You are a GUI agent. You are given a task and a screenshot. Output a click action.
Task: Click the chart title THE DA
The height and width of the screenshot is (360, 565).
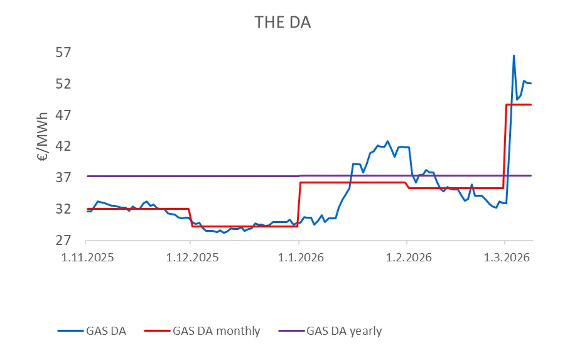(x=282, y=23)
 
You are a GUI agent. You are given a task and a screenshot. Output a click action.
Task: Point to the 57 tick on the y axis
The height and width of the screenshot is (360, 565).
(x=65, y=53)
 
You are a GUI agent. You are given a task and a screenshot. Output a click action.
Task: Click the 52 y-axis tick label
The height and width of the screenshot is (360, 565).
(x=65, y=84)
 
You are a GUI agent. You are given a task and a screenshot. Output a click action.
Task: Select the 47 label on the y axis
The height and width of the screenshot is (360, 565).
(x=65, y=116)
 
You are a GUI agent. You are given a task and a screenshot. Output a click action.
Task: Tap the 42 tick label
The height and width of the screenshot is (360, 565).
(x=65, y=146)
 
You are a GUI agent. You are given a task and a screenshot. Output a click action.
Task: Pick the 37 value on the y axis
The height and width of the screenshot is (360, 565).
(x=65, y=178)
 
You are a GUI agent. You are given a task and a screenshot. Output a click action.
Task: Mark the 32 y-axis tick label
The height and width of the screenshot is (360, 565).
(x=65, y=209)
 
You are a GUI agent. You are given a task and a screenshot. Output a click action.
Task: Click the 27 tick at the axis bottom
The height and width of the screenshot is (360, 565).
(x=65, y=241)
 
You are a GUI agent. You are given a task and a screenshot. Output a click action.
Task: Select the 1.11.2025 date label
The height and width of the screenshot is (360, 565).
(x=85, y=257)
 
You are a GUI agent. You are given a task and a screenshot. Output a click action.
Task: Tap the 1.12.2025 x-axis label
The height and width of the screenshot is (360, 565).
(x=191, y=257)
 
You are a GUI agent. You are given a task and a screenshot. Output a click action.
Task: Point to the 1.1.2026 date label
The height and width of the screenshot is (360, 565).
(x=298, y=257)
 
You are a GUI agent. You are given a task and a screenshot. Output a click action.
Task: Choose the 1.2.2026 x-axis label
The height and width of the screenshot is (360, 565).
(x=406, y=257)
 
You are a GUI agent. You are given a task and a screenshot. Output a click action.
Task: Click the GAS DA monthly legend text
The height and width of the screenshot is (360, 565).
(x=216, y=330)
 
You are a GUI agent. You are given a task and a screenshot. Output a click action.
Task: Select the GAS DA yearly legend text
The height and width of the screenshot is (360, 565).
(x=344, y=330)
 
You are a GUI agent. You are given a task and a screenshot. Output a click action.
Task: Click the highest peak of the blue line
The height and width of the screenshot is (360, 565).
(x=514, y=56)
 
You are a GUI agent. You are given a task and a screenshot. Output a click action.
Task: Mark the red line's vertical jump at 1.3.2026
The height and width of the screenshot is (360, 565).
(x=505, y=146)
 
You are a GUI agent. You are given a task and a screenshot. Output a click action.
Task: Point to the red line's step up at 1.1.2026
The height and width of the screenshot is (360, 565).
(x=299, y=204)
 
